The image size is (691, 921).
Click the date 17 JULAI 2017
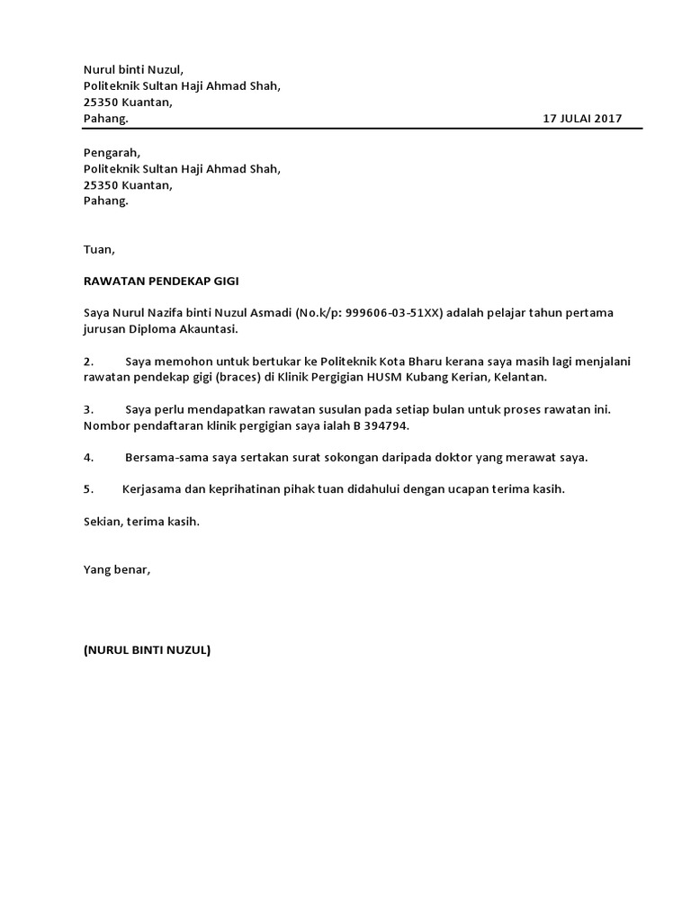[x=581, y=119]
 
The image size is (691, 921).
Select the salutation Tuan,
[x=99, y=249]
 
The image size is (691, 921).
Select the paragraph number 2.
[x=88, y=362]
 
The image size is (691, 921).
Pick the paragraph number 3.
[x=88, y=409]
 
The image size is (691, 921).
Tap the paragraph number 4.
[x=88, y=458]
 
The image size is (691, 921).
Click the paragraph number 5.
[x=88, y=489]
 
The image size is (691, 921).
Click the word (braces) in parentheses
[x=237, y=378]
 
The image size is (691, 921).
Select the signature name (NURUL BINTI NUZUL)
[x=147, y=650]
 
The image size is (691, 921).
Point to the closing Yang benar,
[x=117, y=569]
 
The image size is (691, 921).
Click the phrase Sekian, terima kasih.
[x=140, y=522]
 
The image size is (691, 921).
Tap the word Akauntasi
[x=209, y=329]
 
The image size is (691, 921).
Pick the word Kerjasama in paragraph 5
[x=151, y=489]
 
